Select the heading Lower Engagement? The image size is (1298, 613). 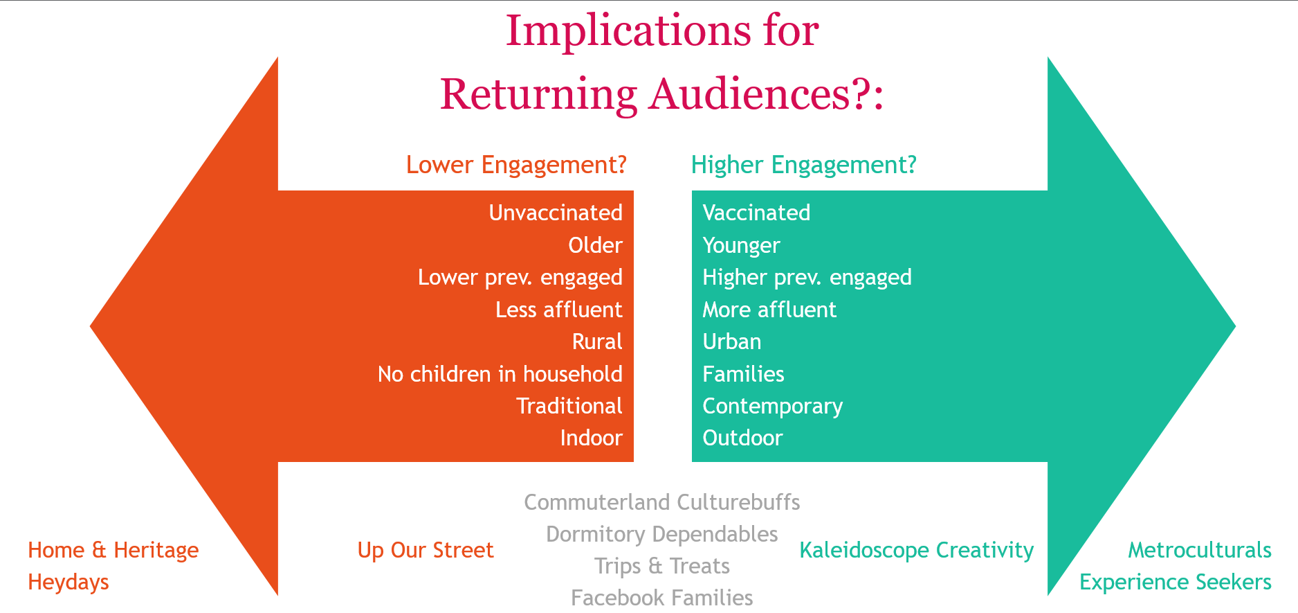point(516,165)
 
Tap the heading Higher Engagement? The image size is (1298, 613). point(804,165)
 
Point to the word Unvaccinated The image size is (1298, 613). point(556,213)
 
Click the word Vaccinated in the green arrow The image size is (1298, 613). point(756,213)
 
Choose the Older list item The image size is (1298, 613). point(595,245)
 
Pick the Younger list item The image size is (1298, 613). point(741,246)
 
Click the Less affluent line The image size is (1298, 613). point(559,310)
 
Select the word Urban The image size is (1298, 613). point(732,341)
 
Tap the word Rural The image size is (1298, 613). point(597,341)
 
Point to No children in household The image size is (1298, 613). point(500,374)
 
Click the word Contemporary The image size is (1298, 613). point(773,407)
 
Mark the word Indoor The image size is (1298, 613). point(592,438)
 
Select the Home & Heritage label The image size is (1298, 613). point(113,550)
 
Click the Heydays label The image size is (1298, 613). point(68,583)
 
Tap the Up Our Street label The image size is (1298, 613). point(426,550)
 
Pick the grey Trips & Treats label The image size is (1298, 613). point(662,566)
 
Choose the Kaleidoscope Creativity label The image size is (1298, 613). point(917,551)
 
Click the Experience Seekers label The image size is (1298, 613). point(1176,583)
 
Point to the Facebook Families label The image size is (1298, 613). point(662,598)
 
